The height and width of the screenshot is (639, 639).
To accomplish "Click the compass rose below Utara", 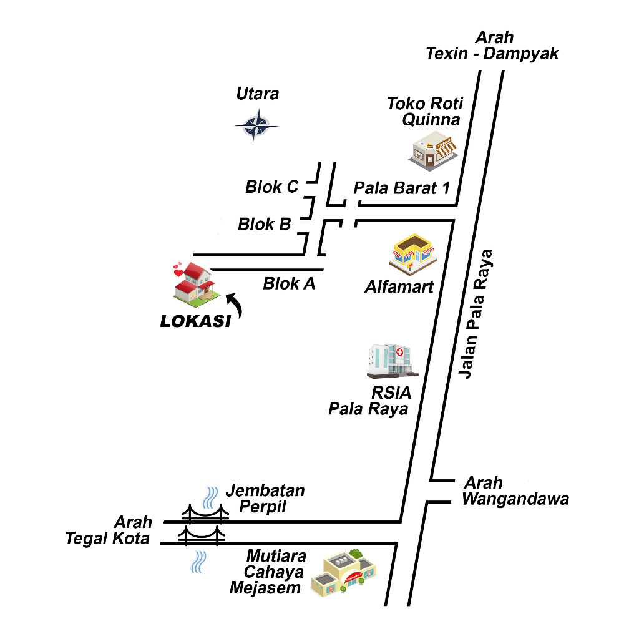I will [256, 126].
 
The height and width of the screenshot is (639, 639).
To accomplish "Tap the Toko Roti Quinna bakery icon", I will [432, 152].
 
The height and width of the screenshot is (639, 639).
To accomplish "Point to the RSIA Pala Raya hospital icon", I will [392, 361].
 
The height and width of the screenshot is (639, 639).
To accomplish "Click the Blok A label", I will [289, 284].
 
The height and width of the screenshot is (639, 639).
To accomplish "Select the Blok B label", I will [265, 224].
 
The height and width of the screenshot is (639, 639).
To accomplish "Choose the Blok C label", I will [271, 187].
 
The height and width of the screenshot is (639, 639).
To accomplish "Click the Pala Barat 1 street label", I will [401, 188].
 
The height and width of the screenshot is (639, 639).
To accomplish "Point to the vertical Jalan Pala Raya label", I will [475, 314].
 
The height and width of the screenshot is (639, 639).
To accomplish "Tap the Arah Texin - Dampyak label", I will [492, 46].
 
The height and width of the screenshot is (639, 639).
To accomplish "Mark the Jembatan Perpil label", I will [265, 498].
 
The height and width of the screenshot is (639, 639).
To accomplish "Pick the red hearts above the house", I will [178, 270].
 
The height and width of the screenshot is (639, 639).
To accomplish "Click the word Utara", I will [258, 94].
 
